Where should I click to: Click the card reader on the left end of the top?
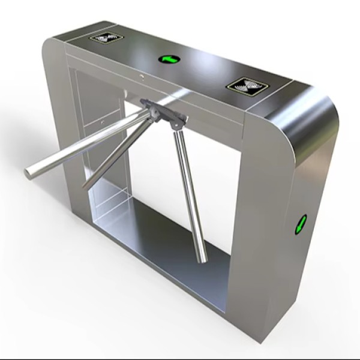click(107, 38)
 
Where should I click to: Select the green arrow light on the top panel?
click(169, 59)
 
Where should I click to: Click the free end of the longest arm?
click(28, 173)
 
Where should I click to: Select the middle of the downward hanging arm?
click(189, 192)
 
